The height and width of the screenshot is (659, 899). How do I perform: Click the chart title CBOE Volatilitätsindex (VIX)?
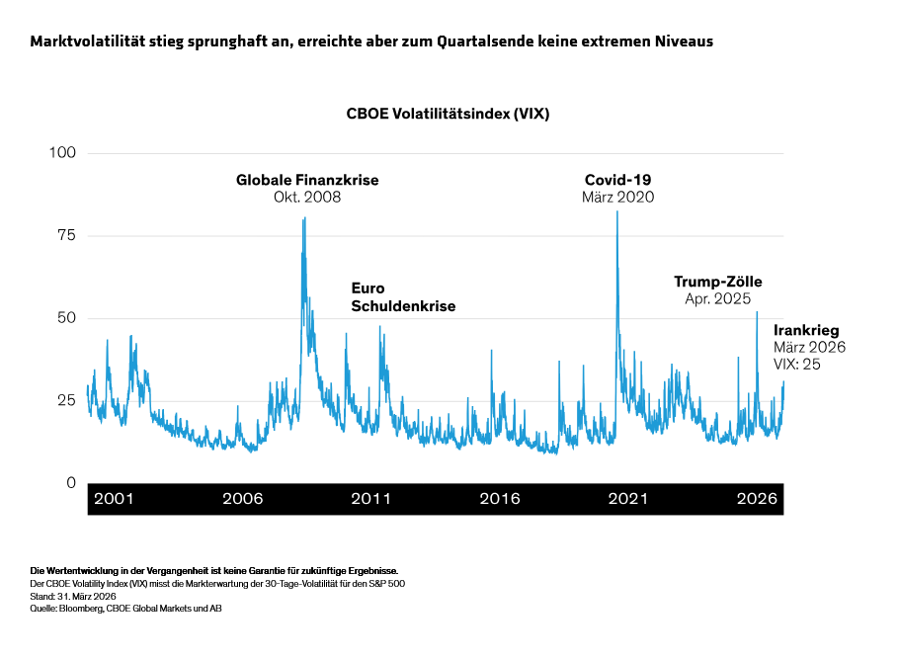click(x=448, y=114)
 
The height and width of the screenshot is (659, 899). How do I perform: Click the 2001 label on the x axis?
click(x=114, y=499)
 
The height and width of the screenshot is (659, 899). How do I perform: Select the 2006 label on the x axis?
click(x=242, y=499)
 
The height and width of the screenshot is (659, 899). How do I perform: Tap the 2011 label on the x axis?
click(x=371, y=499)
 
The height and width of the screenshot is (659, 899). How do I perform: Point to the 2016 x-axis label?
click(x=500, y=499)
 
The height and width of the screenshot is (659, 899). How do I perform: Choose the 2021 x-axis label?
click(x=628, y=499)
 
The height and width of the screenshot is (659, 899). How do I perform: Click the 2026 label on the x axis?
click(x=757, y=499)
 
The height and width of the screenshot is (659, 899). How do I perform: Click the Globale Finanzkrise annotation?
click(x=307, y=181)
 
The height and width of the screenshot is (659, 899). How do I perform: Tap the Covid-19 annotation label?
click(x=617, y=180)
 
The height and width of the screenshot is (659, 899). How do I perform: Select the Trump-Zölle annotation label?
click(x=718, y=282)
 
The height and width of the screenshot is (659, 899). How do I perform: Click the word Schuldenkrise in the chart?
click(x=403, y=306)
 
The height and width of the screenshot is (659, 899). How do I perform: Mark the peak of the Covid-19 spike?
click(x=617, y=211)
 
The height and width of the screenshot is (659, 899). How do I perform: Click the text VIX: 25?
click(x=797, y=365)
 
